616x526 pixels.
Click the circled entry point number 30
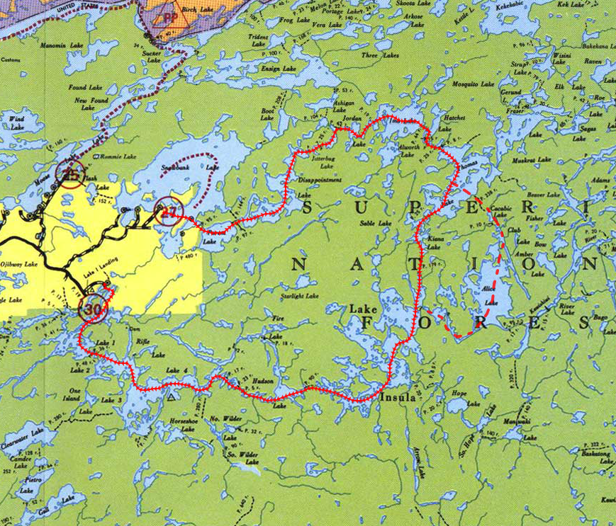(x=93, y=309)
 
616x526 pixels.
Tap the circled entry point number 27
(x=169, y=212)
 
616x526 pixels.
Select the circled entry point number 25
(x=71, y=174)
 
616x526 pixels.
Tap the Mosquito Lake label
(x=473, y=84)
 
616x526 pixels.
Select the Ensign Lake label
(x=279, y=69)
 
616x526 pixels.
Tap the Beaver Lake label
(x=544, y=194)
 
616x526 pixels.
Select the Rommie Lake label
(x=117, y=156)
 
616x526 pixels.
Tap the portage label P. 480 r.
(x=188, y=256)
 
